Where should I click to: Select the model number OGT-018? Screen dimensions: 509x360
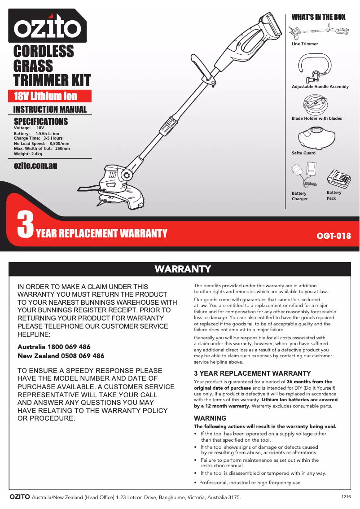click(x=334, y=236)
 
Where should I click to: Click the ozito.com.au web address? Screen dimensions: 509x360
click(x=35, y=166)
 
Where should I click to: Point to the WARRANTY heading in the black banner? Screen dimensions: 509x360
click(x=183, y=269)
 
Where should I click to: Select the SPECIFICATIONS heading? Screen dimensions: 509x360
click(x=41, y=122)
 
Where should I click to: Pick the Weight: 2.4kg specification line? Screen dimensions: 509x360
click(x=28, y=154)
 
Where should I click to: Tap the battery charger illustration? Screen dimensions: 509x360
click(x=304, y=176)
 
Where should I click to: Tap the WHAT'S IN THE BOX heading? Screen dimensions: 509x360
click(x=318, y=17)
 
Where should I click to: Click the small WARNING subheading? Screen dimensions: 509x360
click(x=210, y=418)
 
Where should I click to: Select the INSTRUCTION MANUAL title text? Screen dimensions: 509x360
click(x=50, y=109)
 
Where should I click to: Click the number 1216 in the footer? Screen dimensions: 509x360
click(x=346, y=497)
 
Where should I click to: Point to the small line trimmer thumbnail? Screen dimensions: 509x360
click(x=318, y=31)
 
